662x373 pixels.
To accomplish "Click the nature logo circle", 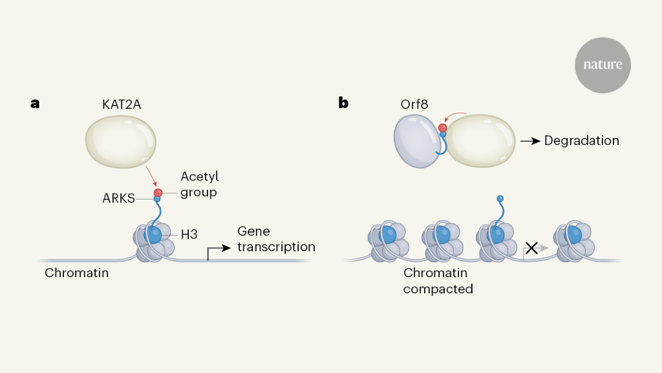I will [x=603, y=65].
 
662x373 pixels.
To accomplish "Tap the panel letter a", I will [x=35, y=102].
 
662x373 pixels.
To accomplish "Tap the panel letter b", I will [x=343, y=102].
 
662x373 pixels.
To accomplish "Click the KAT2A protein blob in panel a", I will [x=121, y=142].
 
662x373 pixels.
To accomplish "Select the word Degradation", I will [x=581, y=141].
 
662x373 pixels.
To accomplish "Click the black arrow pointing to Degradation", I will [x=531, y=141].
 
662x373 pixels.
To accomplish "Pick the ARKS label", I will [x=118, y=198].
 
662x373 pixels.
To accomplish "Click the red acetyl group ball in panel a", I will [x=158, y=192].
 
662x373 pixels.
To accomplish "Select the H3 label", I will [x=189, y=234].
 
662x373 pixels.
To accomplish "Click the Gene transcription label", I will [x=276, y=239].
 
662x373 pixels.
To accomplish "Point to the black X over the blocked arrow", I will [x=531, y=247].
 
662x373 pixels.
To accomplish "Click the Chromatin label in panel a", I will [x=76, y=273].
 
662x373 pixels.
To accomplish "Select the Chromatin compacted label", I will [x=438, y=280].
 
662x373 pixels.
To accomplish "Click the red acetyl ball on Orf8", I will [x=442, y=128].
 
